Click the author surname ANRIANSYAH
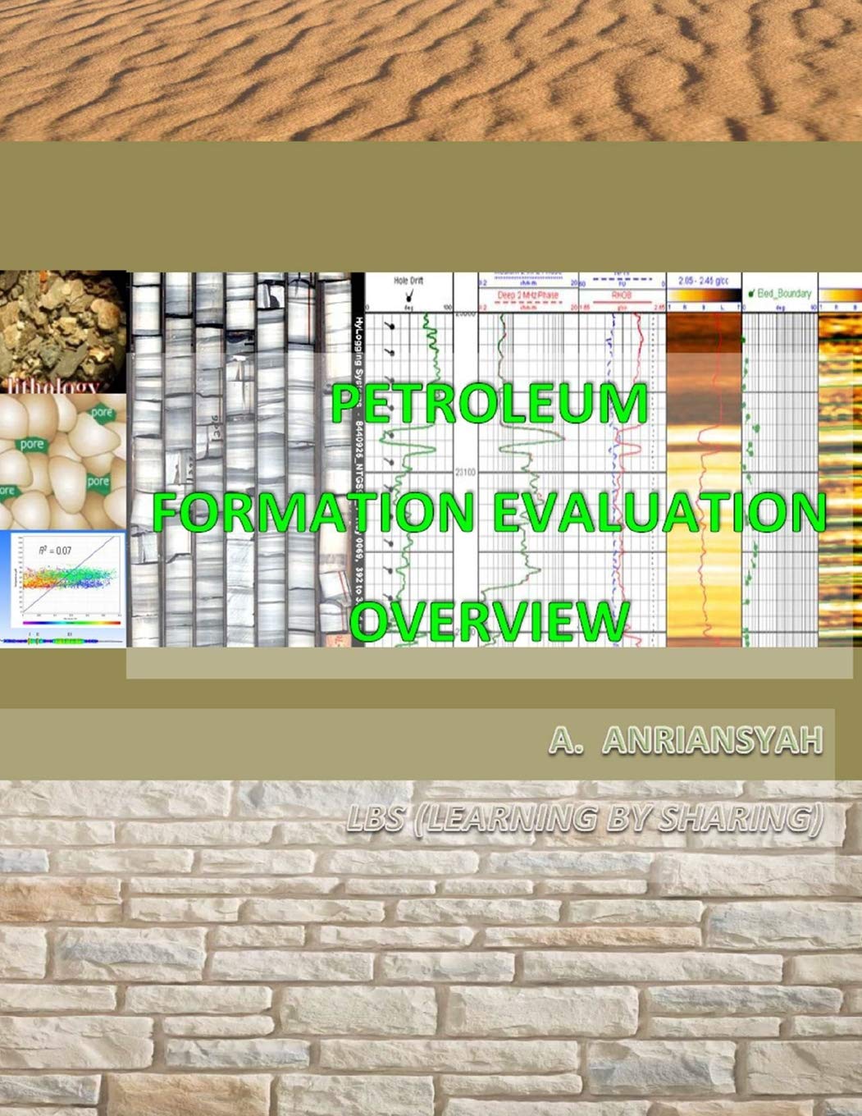pyautogui.click(x=711, y=741)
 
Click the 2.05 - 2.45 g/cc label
pyautogui.click(x=704, y=281)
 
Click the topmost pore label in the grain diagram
pyautogui.click(x=102, y=413)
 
